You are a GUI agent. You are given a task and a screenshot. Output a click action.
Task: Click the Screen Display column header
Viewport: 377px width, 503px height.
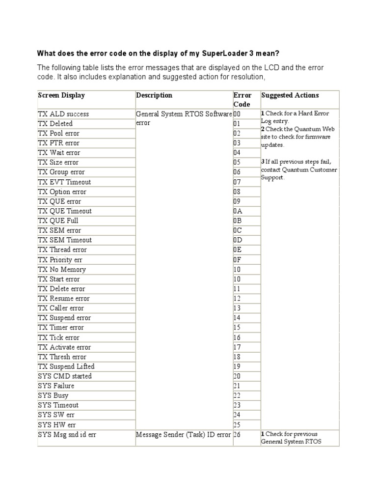click(x=61, y=95)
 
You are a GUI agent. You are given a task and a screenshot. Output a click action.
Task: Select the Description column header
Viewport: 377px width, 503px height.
click(x=154, y=95)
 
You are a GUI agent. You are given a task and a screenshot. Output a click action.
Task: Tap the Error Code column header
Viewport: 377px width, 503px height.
click(x=242, y=100)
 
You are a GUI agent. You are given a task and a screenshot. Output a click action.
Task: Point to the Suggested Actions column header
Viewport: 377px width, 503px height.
click(x=290, y=95)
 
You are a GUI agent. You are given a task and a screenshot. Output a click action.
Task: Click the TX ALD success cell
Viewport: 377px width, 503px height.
click(x=63, y=114)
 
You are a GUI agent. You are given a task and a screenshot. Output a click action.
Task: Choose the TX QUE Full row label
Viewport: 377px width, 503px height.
click(x=58, y=221)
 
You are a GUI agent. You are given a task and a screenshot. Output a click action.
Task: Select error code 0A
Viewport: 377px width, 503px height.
click(x=238, y=211)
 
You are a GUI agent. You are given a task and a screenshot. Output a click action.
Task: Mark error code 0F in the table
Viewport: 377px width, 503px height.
click(x=238, y=260)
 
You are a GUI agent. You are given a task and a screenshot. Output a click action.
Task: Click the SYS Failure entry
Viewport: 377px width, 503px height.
click(x=56, y=386)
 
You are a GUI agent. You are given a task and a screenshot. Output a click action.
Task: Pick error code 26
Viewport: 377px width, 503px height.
click(x=238, y=435)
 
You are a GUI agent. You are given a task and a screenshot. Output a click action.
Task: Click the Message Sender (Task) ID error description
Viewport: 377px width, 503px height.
click(x=183, y=435)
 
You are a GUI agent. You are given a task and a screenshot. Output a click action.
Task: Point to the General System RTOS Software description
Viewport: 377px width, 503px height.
click(x=184, y=114)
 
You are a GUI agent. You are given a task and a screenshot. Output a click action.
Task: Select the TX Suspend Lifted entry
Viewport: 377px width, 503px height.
click(x=66, y=366)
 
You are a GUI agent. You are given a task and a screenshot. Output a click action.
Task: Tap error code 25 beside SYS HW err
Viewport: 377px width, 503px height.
click(x=238, y=424)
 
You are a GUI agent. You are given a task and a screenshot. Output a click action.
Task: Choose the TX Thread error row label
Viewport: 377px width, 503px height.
click(x=62, y=250)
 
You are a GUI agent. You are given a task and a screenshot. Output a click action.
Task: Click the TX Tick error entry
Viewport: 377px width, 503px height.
click(x=58, y=337)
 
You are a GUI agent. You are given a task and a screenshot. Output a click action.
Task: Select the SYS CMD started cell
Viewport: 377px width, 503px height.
click(x=65, y=376)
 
